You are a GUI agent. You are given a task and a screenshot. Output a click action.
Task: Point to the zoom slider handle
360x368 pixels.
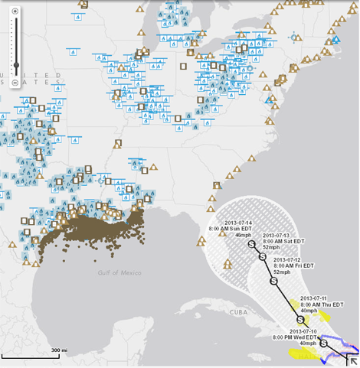(x=15, y=64)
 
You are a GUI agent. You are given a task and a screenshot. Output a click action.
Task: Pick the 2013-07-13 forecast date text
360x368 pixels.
(x=278, y=235)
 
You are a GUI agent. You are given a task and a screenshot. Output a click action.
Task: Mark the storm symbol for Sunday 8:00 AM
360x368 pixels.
(x=252, y=243)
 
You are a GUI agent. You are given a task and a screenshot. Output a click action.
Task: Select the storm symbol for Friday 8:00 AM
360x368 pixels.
(x=272, y=281)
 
